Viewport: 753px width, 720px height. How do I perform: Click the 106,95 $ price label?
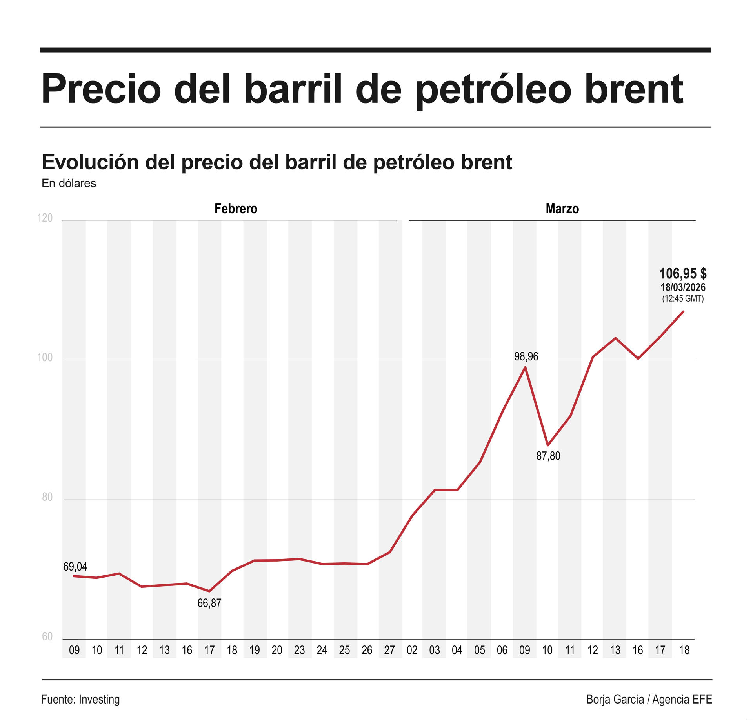point(683,273)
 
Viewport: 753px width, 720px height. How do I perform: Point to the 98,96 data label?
point(526,356)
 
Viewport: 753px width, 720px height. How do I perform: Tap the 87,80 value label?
point(548,456)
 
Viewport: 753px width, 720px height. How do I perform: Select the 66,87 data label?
point(209,603)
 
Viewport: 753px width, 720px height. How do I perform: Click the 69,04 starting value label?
point(75,567)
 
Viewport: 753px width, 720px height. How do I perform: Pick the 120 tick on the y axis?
point(45,218)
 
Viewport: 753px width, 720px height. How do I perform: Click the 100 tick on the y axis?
point(45,358)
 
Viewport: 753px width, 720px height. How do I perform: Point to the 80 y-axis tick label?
point(47,497)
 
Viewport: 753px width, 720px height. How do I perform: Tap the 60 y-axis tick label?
point(47,636)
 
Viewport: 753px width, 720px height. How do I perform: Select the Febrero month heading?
point(236,209)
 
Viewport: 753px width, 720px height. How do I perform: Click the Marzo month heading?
point(562,209)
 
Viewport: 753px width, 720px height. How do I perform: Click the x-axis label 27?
point(389,650)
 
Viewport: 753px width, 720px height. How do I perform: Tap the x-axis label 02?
point(412,650)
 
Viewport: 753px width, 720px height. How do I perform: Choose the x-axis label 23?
point(299,650)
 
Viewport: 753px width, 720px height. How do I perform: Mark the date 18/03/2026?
point(683,287)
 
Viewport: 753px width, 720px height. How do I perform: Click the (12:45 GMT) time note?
point(683,298)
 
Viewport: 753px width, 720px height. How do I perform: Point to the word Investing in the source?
point(99,699)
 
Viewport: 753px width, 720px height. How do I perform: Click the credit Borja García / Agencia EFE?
point(649,699)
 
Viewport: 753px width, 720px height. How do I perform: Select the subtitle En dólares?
point(69,184)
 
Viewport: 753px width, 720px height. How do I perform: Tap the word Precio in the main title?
point(101,89)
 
